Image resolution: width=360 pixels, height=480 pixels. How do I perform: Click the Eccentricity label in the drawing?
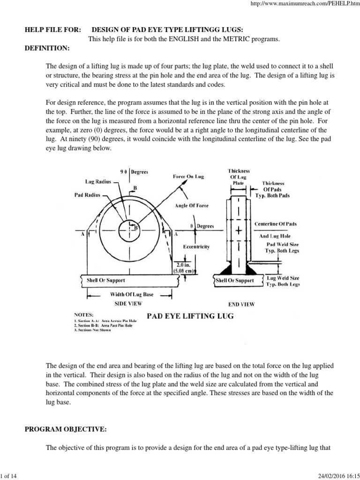click(x=196, y=246)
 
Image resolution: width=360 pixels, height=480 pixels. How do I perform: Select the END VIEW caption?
click(x=241, y=304)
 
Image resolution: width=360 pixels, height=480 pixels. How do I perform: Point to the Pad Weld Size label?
click(x=282, y=244)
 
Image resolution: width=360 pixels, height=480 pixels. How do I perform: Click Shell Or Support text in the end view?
click(x=234, y=280)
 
